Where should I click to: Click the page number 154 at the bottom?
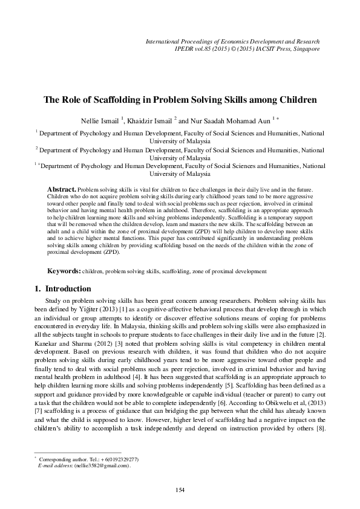180,489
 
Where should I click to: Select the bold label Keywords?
65,272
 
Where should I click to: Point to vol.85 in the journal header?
206,48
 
